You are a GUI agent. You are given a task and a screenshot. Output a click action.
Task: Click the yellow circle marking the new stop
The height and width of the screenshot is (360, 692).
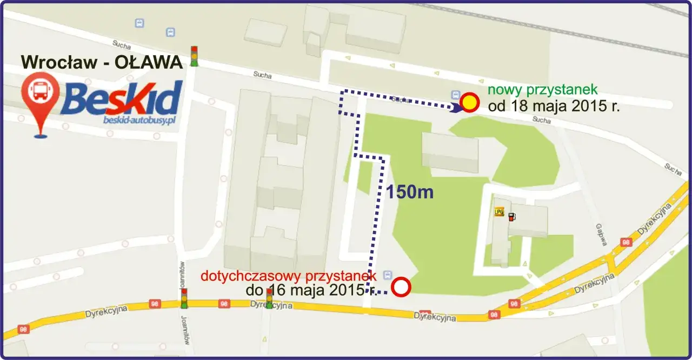click(470, 102)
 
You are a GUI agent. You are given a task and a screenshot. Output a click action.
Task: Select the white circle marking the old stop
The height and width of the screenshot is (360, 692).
click(401, 287)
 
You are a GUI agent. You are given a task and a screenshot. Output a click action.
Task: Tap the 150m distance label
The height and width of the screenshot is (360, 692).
click(409, 191)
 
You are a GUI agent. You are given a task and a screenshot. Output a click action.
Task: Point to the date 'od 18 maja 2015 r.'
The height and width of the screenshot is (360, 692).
click(553, 106)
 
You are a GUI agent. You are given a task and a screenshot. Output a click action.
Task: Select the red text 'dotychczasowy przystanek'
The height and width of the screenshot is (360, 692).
click(288, 276)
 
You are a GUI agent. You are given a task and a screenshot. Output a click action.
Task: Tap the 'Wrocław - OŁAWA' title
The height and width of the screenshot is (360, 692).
click(102, 62)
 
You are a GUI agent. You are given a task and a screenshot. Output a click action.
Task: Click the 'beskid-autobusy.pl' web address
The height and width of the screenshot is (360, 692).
click(140, 121)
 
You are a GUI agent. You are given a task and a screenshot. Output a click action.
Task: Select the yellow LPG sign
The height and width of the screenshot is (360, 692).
click(498, 212)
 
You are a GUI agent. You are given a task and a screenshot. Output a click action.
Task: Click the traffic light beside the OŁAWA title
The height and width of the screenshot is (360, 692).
click(194, 56)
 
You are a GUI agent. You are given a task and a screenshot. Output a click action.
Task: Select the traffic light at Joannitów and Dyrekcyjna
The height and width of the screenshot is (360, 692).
click(184, 298)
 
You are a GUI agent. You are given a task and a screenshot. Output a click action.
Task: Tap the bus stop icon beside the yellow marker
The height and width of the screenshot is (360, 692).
click(455, 95)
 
